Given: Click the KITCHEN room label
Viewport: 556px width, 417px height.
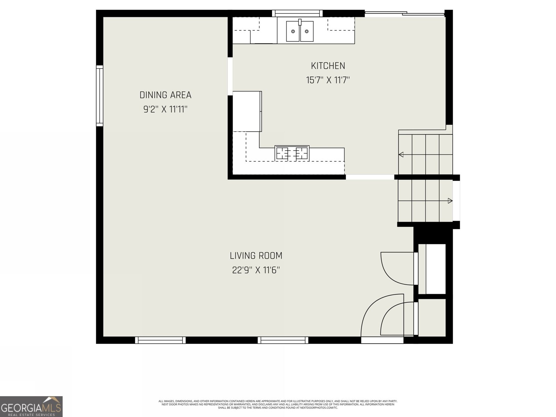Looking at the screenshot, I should click(328, 66).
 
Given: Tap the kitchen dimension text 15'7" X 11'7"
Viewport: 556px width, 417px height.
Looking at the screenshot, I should click(328, 80).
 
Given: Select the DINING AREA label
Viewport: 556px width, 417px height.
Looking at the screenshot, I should click(165, 95).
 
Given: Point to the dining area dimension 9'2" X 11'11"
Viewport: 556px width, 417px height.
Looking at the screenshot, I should click(165, 109).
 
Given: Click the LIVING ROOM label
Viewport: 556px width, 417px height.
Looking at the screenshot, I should click(256, 256).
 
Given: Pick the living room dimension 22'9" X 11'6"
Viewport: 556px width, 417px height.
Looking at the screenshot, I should click(256, 270).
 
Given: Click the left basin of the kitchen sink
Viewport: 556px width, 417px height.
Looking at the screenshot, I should click(293, 31).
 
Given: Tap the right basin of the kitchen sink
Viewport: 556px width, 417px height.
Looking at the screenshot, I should click(306, 31).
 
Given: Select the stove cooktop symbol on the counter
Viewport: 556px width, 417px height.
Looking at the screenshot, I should click(292, 153).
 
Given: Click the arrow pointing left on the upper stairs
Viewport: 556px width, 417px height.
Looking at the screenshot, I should click(401, 154).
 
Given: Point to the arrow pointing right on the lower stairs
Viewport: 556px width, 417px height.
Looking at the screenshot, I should click(450, 201).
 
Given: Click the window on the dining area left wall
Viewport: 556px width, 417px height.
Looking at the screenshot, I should click(99, 96).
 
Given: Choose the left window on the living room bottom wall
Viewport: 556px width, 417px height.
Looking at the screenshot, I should click(160, 340).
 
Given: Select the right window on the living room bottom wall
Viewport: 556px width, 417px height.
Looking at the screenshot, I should click(283, 340).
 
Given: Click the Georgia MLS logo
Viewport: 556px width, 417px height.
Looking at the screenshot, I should click(31, 406).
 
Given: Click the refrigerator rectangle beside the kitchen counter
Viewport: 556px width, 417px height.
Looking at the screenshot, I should click(247, 111).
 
